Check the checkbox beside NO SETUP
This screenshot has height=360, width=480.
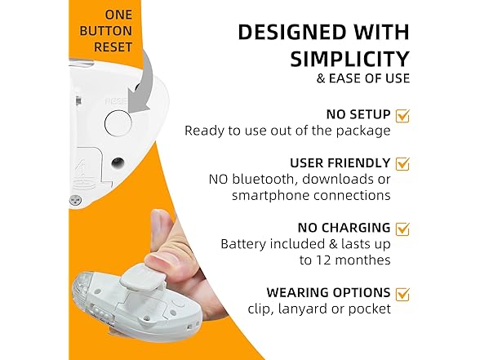pos(402,115)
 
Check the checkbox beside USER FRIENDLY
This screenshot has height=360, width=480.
pos(402,163)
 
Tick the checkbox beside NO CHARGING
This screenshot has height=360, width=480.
pos(402,228)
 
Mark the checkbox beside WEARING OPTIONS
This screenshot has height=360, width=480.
pos(402,293)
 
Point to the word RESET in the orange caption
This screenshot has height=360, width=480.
pos(113,47)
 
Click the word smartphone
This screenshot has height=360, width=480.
pos(269,195)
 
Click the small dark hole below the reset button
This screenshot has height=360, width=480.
pos(119,162)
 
